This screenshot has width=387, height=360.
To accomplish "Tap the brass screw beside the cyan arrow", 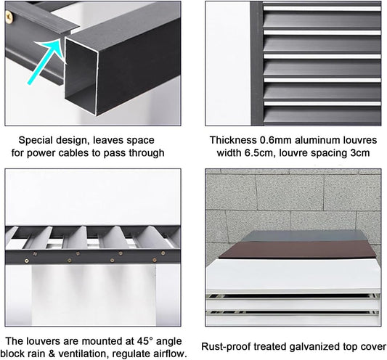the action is (9, 16).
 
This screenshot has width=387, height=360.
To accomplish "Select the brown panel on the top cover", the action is (297, 250).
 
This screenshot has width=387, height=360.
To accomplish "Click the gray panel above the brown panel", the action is (303, 236).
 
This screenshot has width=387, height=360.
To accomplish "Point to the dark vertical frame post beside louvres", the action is (257, 63).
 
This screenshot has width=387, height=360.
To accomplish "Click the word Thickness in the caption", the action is (233, 140).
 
